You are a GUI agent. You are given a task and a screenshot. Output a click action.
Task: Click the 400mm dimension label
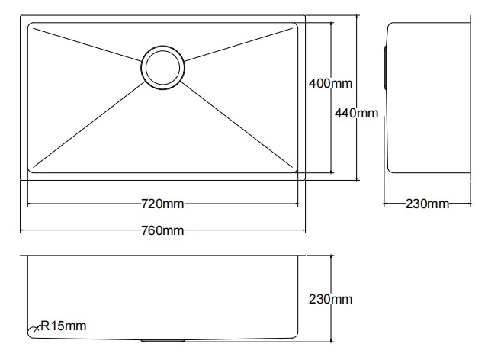click(330, 83)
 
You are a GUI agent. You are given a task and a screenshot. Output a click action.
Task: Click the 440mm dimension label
click(356, 113)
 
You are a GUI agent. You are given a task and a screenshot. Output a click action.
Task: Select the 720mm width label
click(162, 204)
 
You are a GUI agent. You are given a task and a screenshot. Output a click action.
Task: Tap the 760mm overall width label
click(162, 230)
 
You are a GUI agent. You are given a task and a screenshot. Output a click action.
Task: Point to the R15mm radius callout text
click(63, 326)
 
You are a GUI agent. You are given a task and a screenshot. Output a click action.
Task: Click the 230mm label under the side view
click(427, 204)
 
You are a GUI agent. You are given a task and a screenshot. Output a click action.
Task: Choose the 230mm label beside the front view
click(330, 299)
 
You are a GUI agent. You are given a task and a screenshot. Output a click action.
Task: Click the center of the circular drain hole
click(162, 68)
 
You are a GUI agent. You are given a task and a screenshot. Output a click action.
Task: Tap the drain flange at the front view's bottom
click(162, 341)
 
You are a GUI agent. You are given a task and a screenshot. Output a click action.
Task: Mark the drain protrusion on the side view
click(385, 68)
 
